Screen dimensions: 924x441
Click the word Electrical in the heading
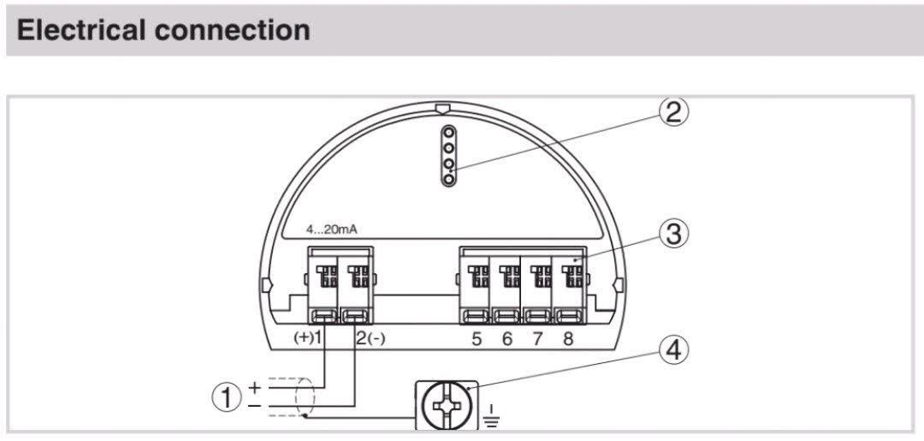pos(80,30)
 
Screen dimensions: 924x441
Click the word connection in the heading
pos(232,30)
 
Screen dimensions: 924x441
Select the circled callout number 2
pos(673,112)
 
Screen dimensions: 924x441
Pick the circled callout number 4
pos(673,352)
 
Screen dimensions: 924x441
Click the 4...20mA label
pos(331,230)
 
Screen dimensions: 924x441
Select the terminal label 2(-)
pos(370,339)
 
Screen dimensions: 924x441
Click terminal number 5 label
pos(477,339)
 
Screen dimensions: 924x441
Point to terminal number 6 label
pos(507,339)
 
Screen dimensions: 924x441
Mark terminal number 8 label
pos(568,339)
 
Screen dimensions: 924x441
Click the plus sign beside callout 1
pos(254,387)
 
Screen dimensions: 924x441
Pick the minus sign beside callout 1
pos(254,406)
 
